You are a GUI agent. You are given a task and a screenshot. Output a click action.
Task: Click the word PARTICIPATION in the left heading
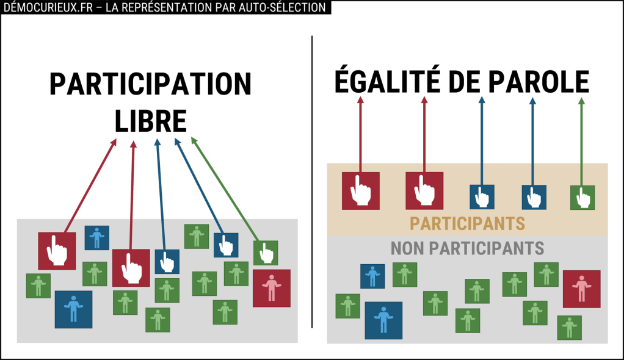click(x=150, y=84)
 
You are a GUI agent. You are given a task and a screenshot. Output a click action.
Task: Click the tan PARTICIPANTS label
click(x=467, y=223)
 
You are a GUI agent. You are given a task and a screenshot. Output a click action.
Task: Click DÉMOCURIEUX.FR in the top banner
click(x=42, y=7)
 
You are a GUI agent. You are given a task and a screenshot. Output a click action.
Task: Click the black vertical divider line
click(x=312, y=183)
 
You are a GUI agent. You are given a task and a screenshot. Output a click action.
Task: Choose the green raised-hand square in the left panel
click(x=266, y=253)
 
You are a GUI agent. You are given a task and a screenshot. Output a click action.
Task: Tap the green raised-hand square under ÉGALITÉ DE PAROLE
click(x=582, y=198)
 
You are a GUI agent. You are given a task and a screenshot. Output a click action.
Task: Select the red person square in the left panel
click(x=271, y=288)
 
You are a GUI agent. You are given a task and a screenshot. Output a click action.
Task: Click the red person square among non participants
click(x=581, y=289)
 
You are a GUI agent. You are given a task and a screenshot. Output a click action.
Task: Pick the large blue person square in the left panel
click(x=73, y=309)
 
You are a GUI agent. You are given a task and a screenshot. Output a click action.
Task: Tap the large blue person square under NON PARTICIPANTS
click(x=383, y=320)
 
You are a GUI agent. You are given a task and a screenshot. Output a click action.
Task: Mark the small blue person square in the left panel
click(x=96, y=238)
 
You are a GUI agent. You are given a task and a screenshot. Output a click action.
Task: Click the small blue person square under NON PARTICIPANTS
click(x=372, y=276)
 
